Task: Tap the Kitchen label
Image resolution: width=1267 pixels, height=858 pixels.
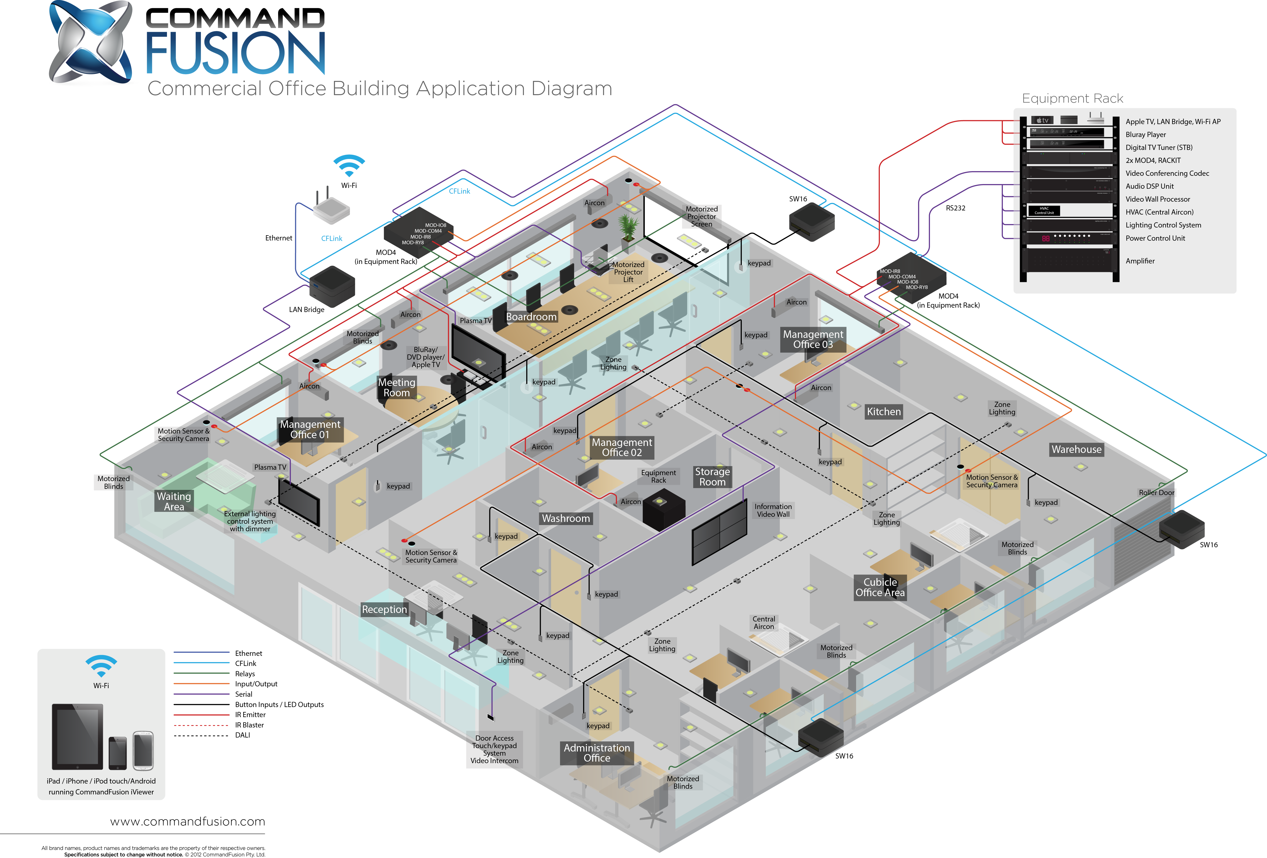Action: (x=884, y=412)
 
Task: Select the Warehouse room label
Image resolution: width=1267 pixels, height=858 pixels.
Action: (x=1076, y=449)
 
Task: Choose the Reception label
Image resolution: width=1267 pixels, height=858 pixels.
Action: (x=384, y=609)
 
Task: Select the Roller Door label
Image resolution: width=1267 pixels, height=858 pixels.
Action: (x=1156, y=492)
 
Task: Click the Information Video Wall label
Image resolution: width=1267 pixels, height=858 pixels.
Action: (x=773, y=510)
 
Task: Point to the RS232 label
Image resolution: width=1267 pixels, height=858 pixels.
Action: (x=955, y=208)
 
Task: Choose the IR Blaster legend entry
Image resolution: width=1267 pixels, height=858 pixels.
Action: (x=249, y=725)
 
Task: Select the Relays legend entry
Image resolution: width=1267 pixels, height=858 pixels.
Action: (x=245, y=674)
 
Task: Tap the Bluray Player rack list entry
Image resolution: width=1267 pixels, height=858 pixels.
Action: (x=1146, y=135)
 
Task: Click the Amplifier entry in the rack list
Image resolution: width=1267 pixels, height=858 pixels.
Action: (x=1140, y=261)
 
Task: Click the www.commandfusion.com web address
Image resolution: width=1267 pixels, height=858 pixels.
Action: (x=188, y=822)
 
